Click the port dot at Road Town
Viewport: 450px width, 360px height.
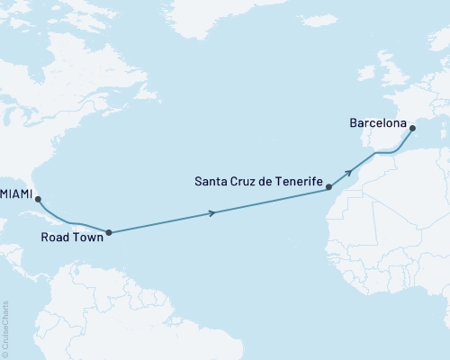[x=109, y=232]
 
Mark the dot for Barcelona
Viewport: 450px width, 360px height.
[x=412, y=129]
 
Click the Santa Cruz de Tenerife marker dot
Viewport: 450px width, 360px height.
[x=329, y=187]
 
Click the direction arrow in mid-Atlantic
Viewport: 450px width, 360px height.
[x=213, y=212]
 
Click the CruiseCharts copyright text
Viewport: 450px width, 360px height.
[x=6, y=328]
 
